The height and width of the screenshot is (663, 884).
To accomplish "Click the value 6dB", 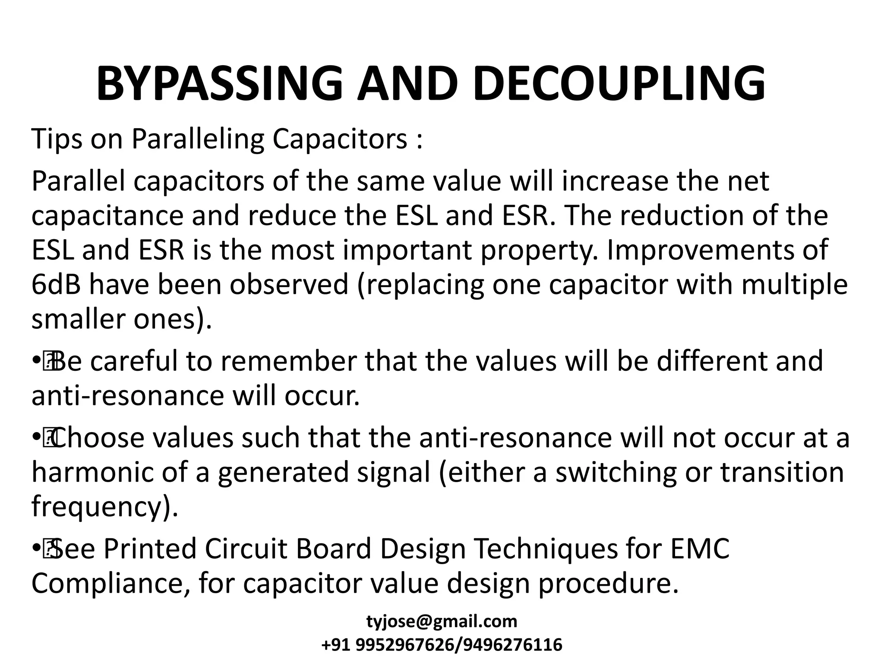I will (x=56, y=285).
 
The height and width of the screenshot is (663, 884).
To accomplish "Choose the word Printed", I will (x=149, y=549).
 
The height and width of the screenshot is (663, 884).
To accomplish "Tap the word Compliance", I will (x=110, y=584).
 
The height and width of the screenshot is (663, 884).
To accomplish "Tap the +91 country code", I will (x=337, y=645).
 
